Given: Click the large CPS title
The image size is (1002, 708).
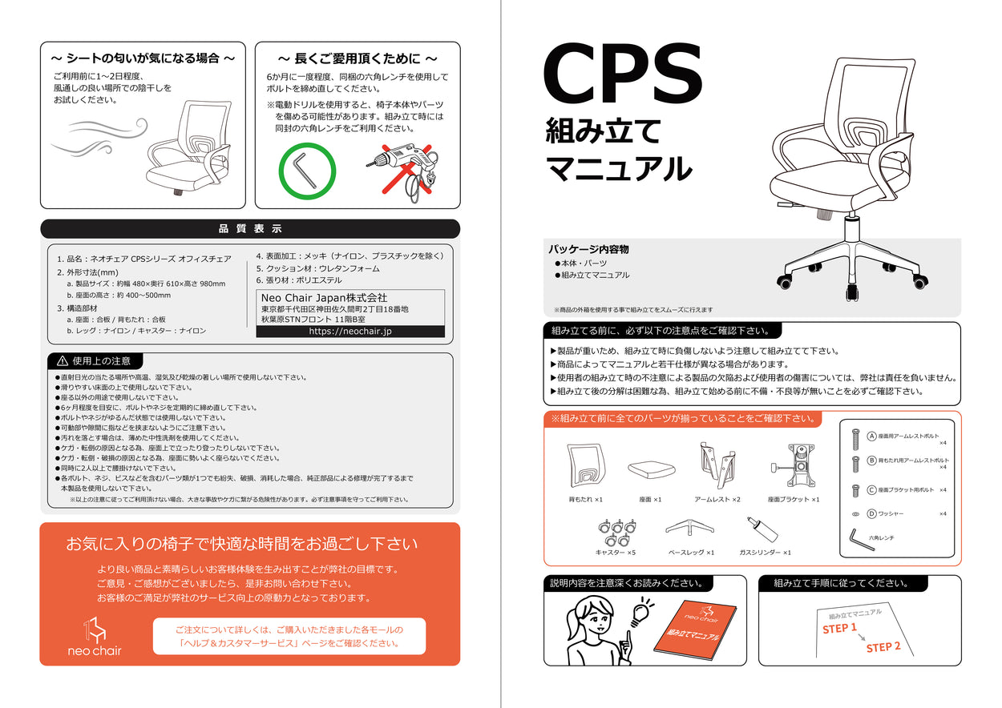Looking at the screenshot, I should coord(623,76).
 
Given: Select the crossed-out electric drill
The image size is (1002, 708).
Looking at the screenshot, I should coord(401,170).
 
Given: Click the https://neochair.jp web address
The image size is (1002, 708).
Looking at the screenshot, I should coord(350,331).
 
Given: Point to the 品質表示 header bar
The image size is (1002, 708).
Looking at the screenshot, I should coord(250,229).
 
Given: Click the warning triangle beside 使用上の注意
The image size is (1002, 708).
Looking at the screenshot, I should coord(62,361).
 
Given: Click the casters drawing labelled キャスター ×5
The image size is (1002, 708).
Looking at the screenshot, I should coord(616,532).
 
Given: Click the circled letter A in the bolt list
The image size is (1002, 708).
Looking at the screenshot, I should coord(871,436).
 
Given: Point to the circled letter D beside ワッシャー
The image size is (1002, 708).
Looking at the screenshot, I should coord(871,513).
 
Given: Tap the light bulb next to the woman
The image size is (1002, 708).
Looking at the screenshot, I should coord(640,614).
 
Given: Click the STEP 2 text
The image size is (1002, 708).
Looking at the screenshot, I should coord(883,646).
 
